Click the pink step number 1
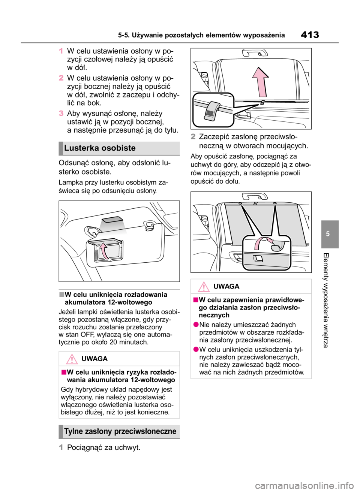coord(61,51)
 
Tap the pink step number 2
coord(61,78)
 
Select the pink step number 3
coord(61,113)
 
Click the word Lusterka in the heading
coord(78,148)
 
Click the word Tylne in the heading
coord(73,431)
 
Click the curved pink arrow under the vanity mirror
coord(105,251)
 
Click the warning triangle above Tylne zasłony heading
coord(72,359)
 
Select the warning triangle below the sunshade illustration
coord(204,287)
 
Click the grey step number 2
coord(193,137)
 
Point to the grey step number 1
coord(61,447)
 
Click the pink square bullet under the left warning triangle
coord(64,372)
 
